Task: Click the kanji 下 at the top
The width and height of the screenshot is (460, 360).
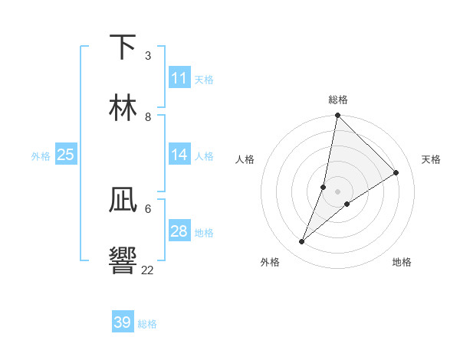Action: coord(123,47)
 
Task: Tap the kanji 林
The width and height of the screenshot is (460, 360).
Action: coord(123,106)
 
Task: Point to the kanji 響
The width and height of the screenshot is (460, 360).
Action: coord(123,259)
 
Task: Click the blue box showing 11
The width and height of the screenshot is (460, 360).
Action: coord(179,78)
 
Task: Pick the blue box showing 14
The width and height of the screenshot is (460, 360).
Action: coord(179,155)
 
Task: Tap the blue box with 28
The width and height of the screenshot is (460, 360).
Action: coord(179,231)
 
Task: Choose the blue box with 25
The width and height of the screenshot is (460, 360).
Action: coord(66,155)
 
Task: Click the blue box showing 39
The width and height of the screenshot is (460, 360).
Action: coord(123,322)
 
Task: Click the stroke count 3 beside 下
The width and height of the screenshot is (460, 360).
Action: coord(148,56)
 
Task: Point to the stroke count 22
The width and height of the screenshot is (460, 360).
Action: coord(148,269)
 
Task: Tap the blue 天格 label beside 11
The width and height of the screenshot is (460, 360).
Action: coord(204,79)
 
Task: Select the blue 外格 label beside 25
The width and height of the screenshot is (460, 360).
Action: coord(41,155)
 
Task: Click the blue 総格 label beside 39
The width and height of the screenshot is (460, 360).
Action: coord(147,323)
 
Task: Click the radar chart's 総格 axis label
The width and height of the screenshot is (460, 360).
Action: coord(338,100)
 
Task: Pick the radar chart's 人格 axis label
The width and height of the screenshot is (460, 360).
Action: coord(245,159)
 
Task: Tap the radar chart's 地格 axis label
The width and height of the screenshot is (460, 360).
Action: coord(402,262)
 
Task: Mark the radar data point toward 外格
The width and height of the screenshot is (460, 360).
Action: coord(302,242)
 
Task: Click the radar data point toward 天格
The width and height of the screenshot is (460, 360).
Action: coord(396,173)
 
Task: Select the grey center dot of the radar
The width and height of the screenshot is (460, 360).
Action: coord(338,191)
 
